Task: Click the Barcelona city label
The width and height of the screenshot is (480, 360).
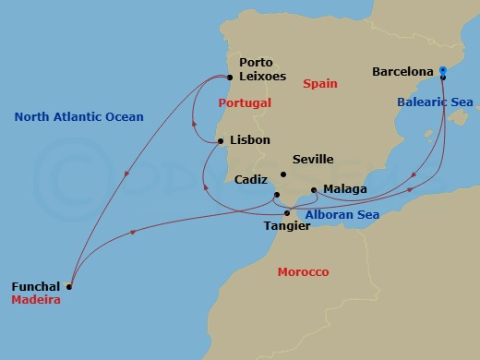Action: point(403,70)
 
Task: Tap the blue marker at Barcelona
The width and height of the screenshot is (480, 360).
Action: point(443,69)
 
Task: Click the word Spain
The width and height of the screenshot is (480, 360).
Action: point(320,84)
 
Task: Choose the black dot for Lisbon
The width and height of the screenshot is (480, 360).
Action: point(221,141)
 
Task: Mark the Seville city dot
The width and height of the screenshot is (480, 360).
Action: point(284,174)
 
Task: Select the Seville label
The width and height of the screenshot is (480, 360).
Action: point(312,160)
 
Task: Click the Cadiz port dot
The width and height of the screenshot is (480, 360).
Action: point(276,194)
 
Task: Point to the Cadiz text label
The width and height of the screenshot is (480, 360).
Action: point(251,180)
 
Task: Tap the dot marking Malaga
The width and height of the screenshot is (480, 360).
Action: point(314,190)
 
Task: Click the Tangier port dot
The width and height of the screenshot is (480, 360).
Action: point(286,213)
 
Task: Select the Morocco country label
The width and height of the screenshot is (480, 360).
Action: point(304,272)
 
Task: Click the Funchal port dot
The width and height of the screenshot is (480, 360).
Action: point(69,286)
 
